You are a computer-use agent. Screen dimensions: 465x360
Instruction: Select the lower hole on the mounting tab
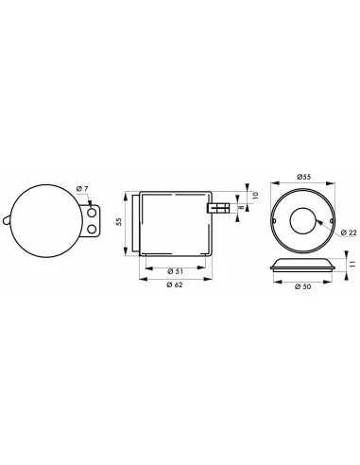pyautogui.click(x=93, y=229)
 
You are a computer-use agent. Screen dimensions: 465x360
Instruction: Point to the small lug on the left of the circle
pyautogui.click(x=8, y=222)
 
